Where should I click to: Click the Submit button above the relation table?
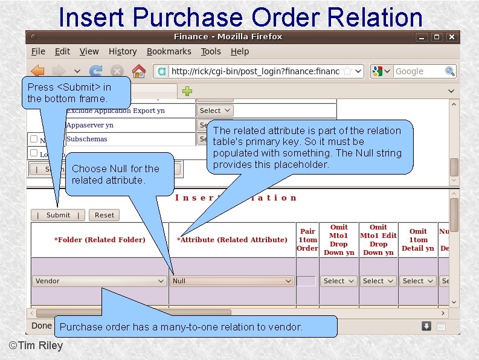tap(58, 215)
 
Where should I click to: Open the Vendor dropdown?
tap(100, 281)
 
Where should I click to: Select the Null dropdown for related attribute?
tap(232, 281)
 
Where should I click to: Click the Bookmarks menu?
tap(169, 52)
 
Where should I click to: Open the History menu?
tap(123, 52)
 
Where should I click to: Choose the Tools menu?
tap(211, 52)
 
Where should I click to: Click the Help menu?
tap(240, 52)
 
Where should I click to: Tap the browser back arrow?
tap(38, 71)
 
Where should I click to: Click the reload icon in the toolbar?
tap(96, 71)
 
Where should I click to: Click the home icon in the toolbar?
tap(138, 71)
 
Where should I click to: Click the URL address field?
tap(254, 71)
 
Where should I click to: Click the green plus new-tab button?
tap(187, 91)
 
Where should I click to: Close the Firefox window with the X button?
tap(451, 37)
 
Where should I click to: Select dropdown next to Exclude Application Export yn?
tap(215, 111)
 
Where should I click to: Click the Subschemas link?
tap(86, 139)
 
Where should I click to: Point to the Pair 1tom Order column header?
tap(307, 240)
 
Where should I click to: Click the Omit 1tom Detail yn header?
tap(418, 240)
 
